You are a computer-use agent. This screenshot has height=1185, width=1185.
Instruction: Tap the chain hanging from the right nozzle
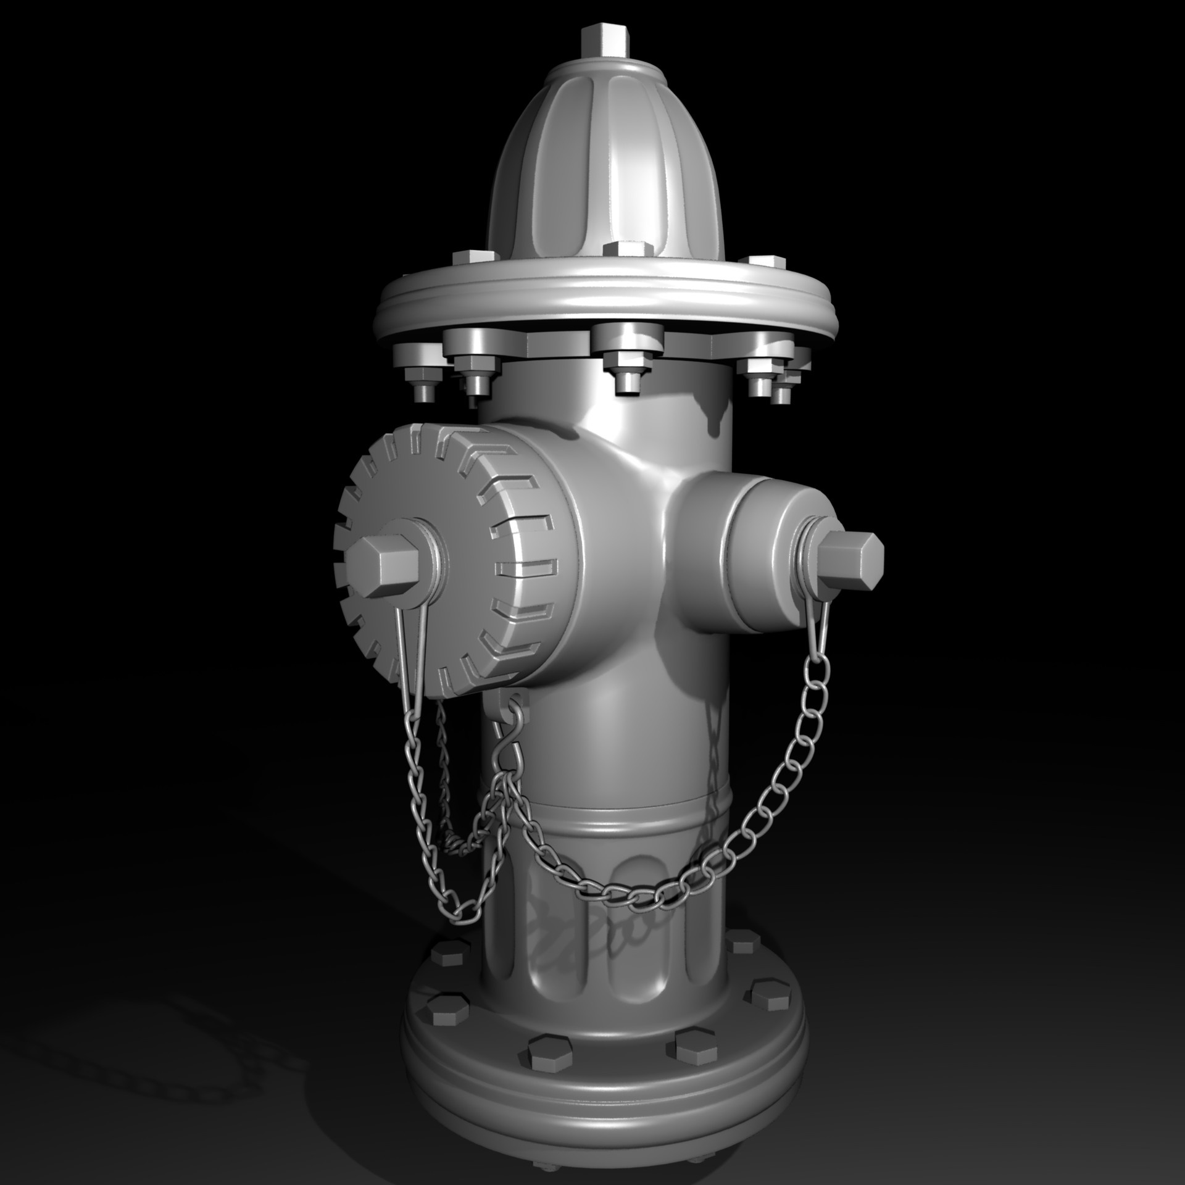784,771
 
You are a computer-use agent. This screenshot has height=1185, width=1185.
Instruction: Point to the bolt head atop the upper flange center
627,250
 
